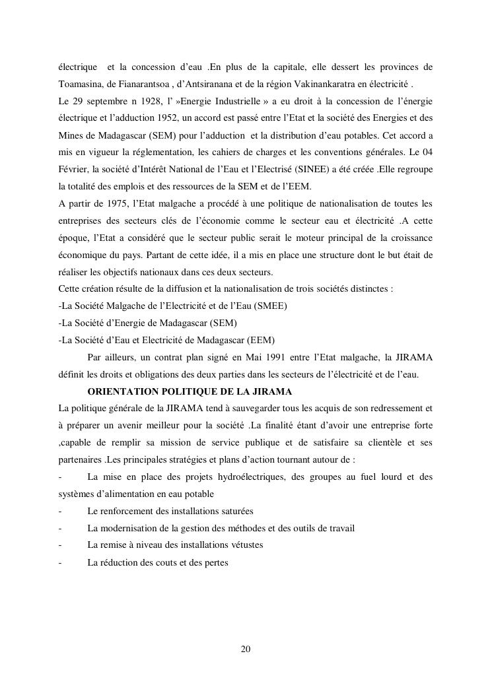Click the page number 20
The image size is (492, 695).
pos(246,649)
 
